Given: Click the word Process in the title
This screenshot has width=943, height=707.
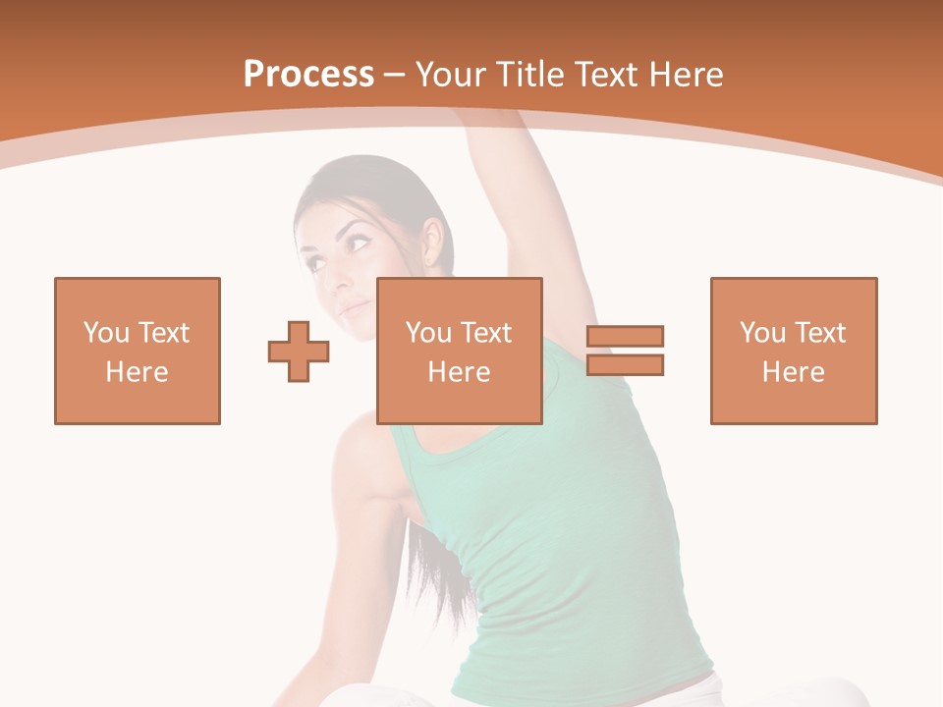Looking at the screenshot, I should (x=308, y=75).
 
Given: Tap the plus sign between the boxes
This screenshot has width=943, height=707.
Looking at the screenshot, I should (x=299, y=352).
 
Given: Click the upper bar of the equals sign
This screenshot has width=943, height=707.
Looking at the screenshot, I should (x=625, y=337).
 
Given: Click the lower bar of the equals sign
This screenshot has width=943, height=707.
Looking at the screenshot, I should (x=625, y=364).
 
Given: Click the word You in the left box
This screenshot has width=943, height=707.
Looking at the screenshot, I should (x=105, y=333).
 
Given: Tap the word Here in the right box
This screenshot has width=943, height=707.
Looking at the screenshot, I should (x=793, y=372).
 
